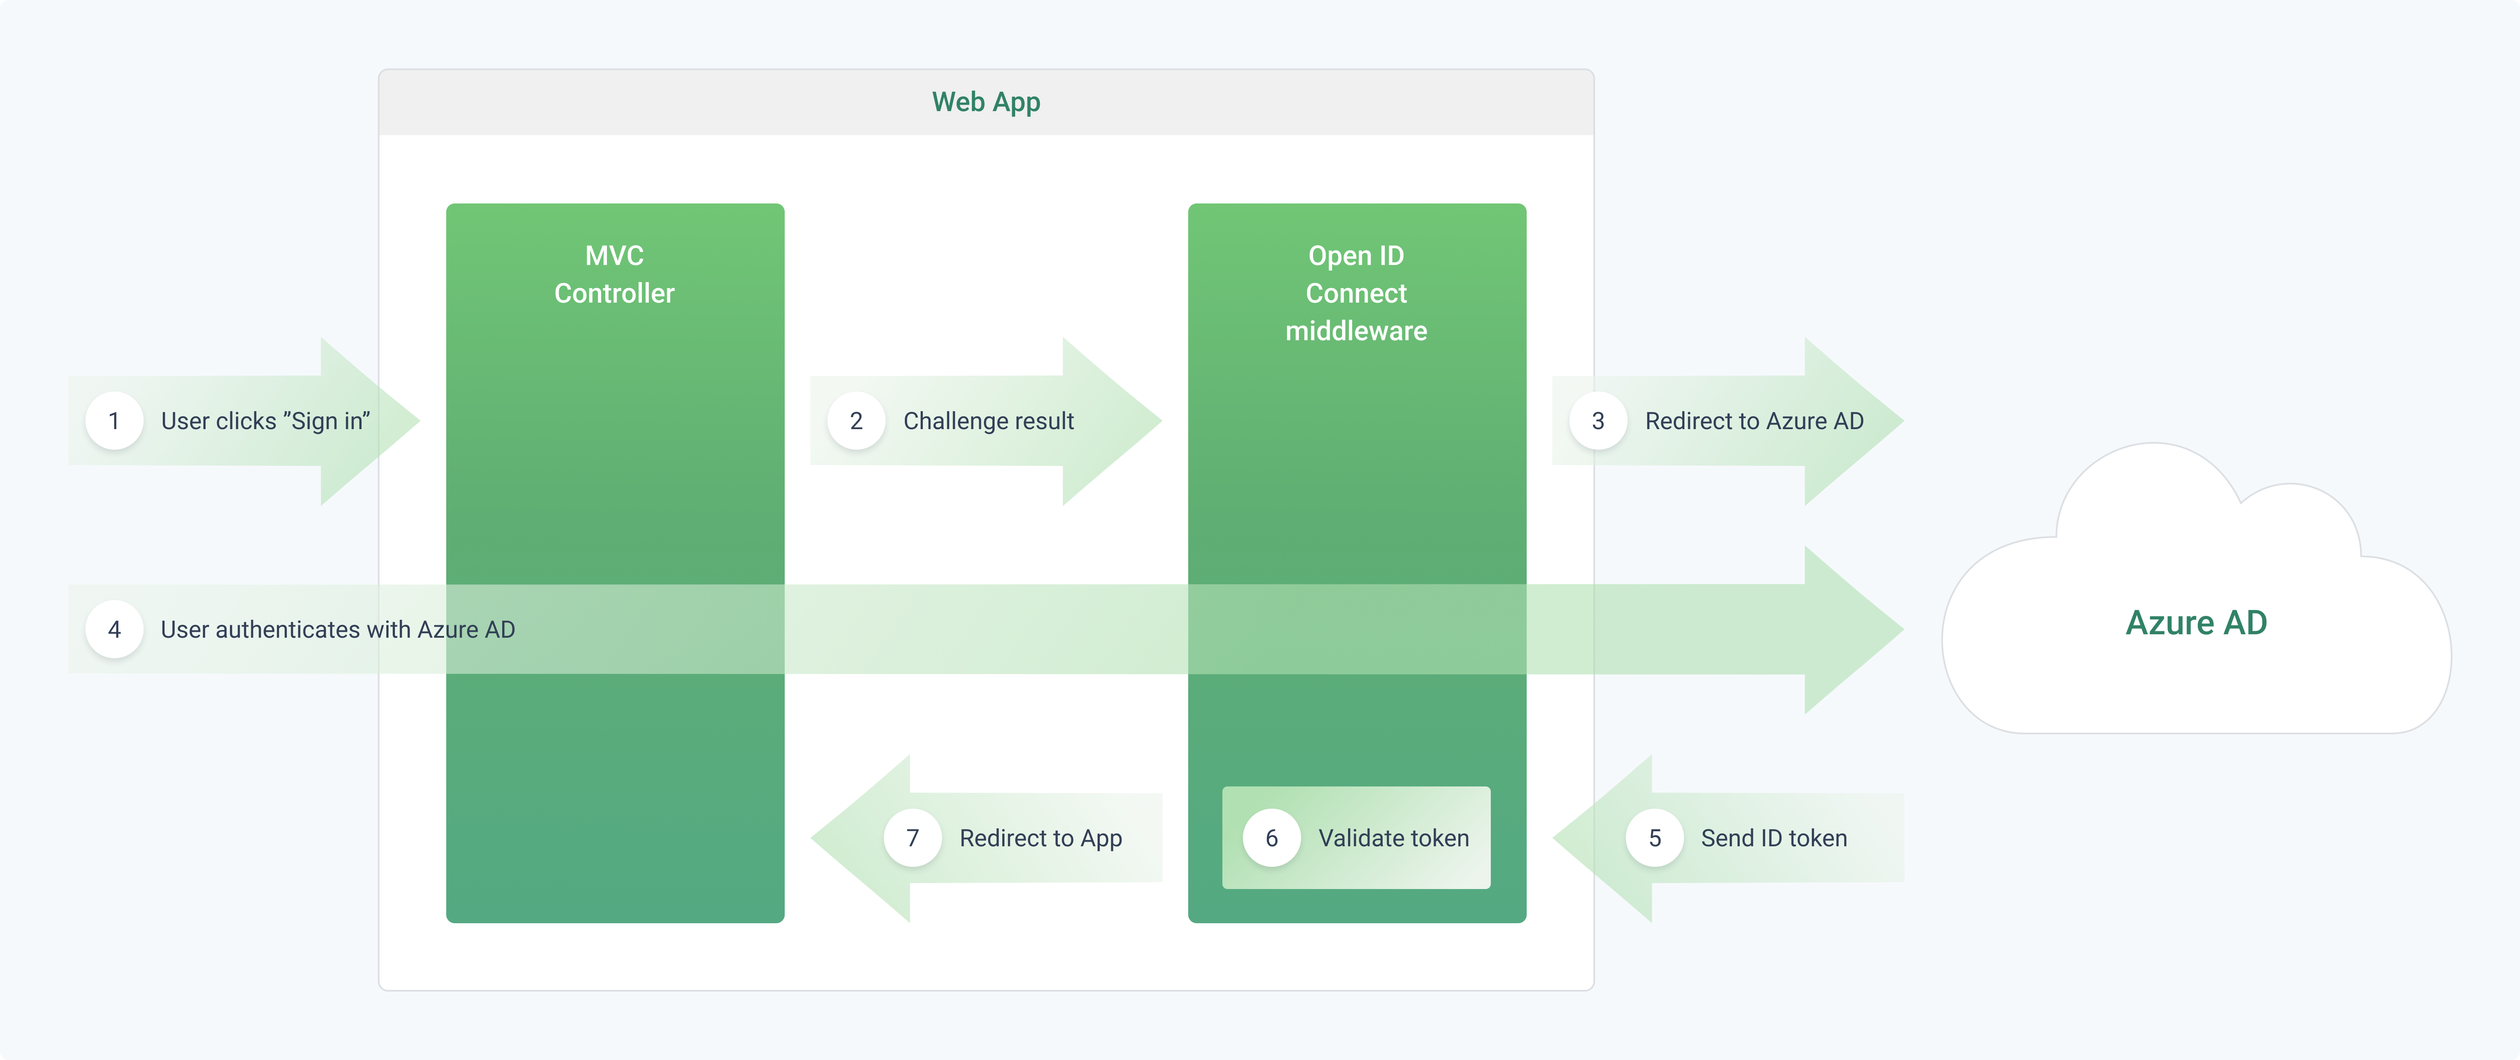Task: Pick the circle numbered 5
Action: (x=1654, y=838)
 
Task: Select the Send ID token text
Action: (x=1774, y=838)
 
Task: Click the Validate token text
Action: (x=1393, y=838)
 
